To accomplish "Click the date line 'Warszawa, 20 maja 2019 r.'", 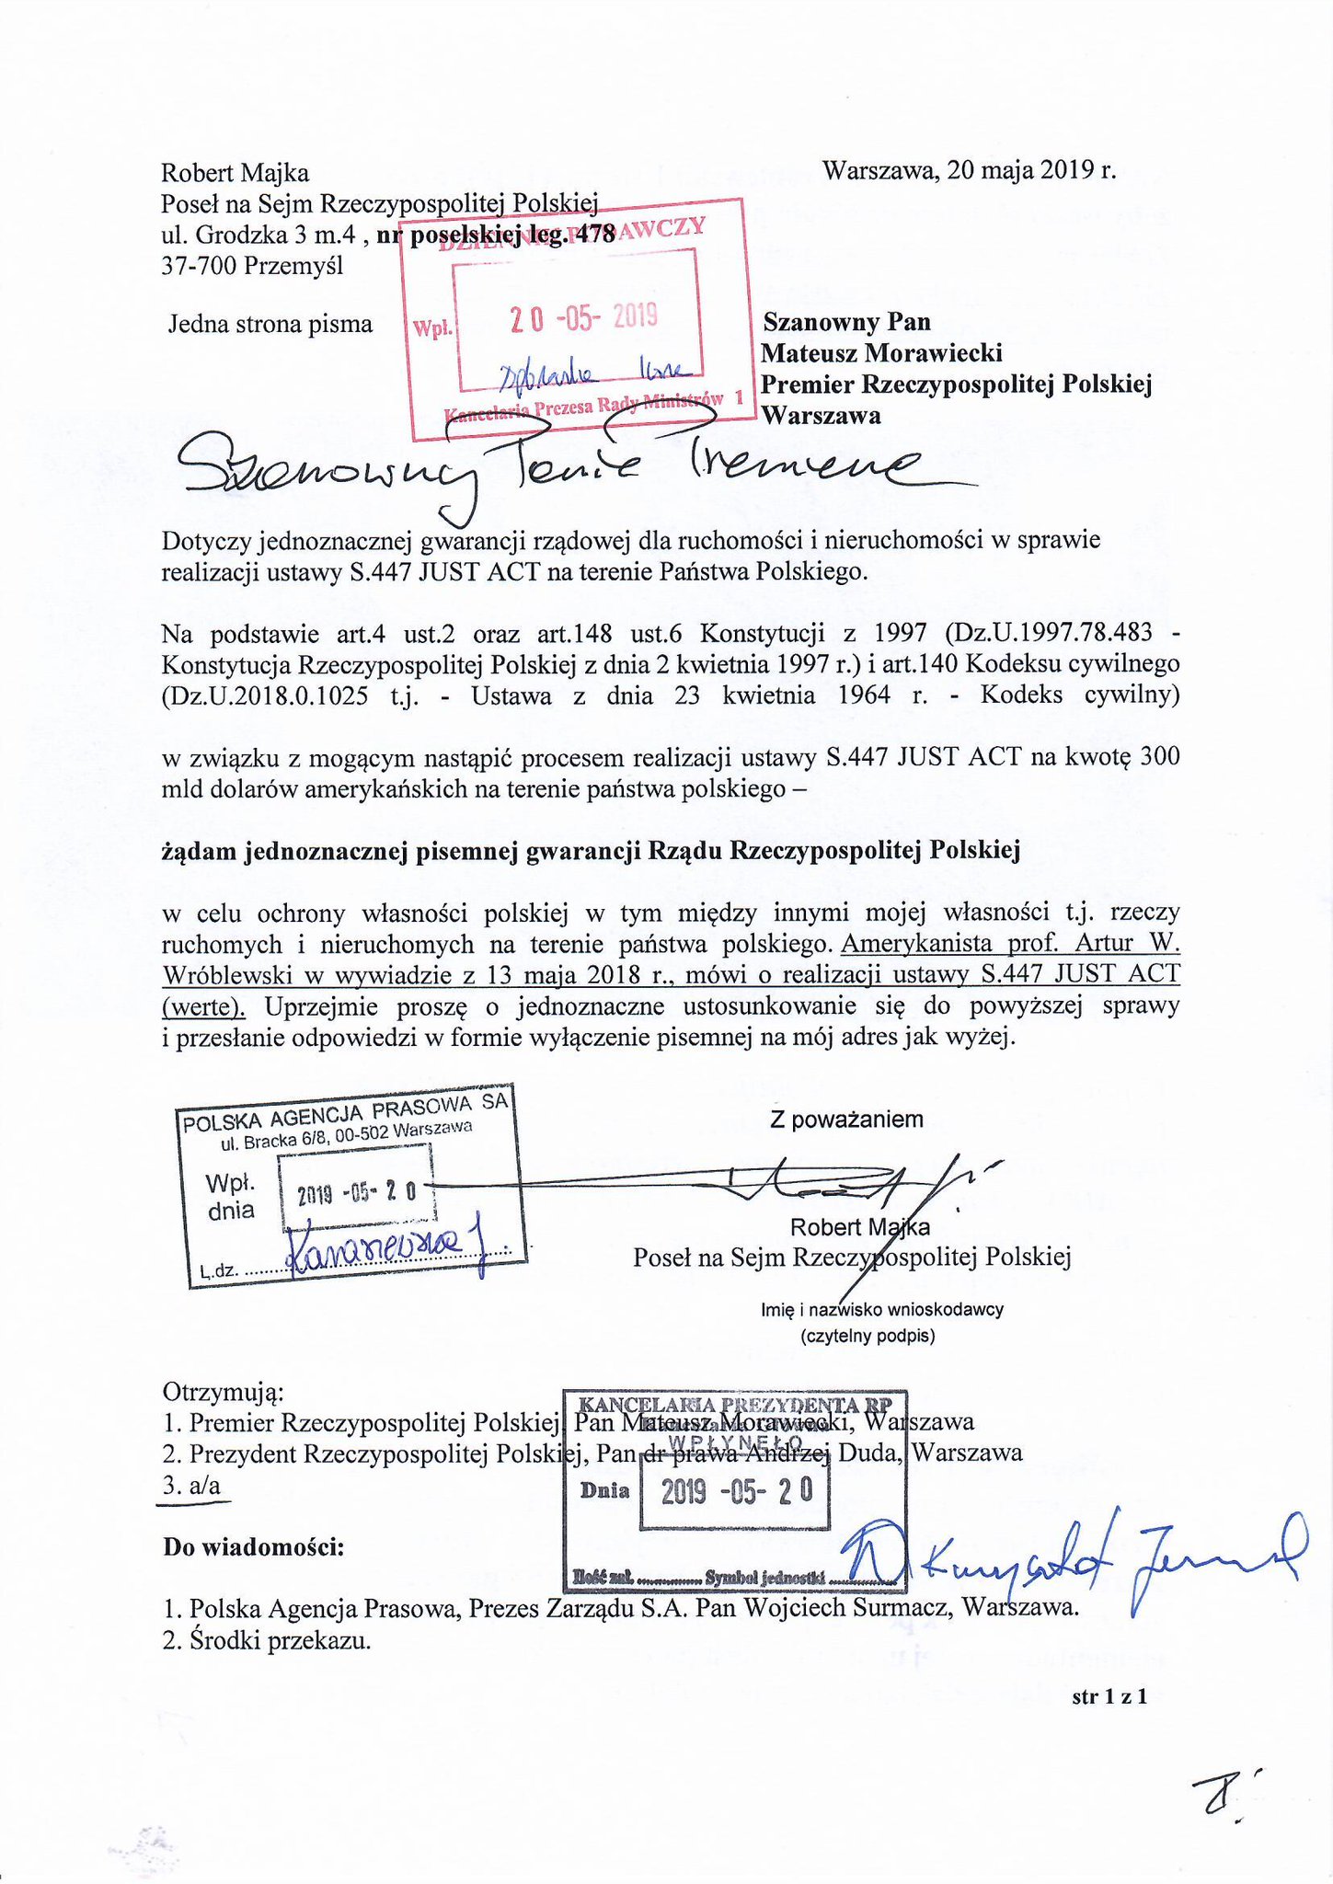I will pyautogui.click(x=969, y=171).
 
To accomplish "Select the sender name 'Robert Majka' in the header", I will pyautogui.click(x=235, y=173).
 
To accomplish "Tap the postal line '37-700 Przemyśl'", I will pyautogui.click(x=252, y=266).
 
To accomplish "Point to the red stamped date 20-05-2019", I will pyautogui.click(x=583, y=317).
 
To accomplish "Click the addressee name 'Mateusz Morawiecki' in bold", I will pyautogui.click(x=881, y=352).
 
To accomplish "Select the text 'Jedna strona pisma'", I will pyautogui.click(x=270, y=324).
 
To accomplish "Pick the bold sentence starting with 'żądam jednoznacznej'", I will pyautogui.click(x=591, y=851).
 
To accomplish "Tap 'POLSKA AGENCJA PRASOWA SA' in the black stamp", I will pyautogui.click(x=345, y=1113).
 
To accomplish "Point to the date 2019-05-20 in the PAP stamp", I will pyautogui.click(x=357, y=1193).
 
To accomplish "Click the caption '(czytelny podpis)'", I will pyautogui.click(x=868, y=1336).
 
